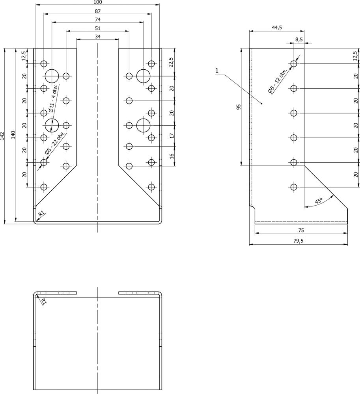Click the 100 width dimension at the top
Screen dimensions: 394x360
click(97, 2)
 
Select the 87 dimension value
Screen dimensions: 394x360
click(97, 11)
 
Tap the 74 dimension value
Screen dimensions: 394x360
click(97, 20)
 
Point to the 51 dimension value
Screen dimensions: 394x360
click(97, 28)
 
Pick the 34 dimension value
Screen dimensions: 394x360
click(97, 37)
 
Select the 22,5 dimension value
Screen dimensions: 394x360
click(171, 62)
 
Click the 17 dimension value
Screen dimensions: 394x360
click(171, 136)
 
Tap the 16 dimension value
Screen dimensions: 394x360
click(171, 156)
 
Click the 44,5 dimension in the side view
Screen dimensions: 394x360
click(277, 28)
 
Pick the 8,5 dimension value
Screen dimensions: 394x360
click(299, 39)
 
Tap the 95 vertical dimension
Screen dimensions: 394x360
click(238, 107)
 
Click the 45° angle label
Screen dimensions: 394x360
click(319, 201)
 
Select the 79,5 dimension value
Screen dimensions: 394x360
click(298, 241)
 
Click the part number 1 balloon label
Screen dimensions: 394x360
click(217, 71)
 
